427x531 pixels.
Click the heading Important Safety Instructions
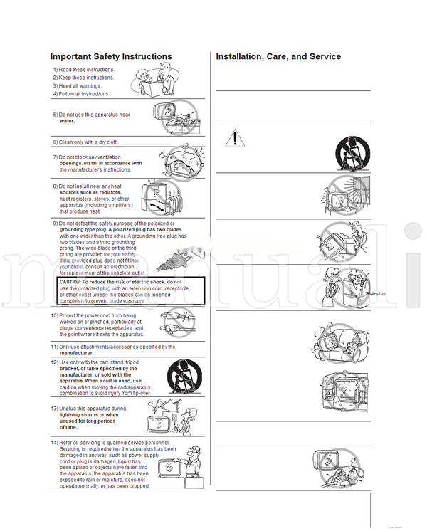click(111, 56)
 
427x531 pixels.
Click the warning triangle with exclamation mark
click(234, 138)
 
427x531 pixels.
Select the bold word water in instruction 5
click(67, 121)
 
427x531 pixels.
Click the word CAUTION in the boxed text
click(73, 282)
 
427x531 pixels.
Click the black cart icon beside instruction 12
click(184, 377)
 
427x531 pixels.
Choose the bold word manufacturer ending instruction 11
click(76, 353)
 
